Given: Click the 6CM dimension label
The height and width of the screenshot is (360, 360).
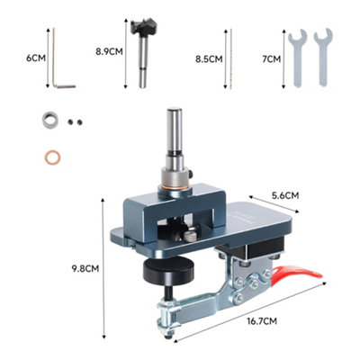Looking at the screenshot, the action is (36, 58).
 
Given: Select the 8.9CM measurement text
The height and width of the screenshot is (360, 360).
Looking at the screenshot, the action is (109, 51).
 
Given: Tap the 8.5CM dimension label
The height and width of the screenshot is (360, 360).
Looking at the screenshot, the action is (209, 59).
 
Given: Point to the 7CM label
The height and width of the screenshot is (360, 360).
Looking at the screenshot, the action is (272, 59).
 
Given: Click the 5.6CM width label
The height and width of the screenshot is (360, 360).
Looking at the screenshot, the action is (285, 195).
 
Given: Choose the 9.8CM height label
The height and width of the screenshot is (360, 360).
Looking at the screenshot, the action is (85, 268).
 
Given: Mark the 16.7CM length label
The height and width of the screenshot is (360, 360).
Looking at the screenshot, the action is (262, 321).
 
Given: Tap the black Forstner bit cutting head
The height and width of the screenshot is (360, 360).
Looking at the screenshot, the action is (143, 27).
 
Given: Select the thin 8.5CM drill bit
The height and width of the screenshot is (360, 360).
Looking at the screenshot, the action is (231, 58).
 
